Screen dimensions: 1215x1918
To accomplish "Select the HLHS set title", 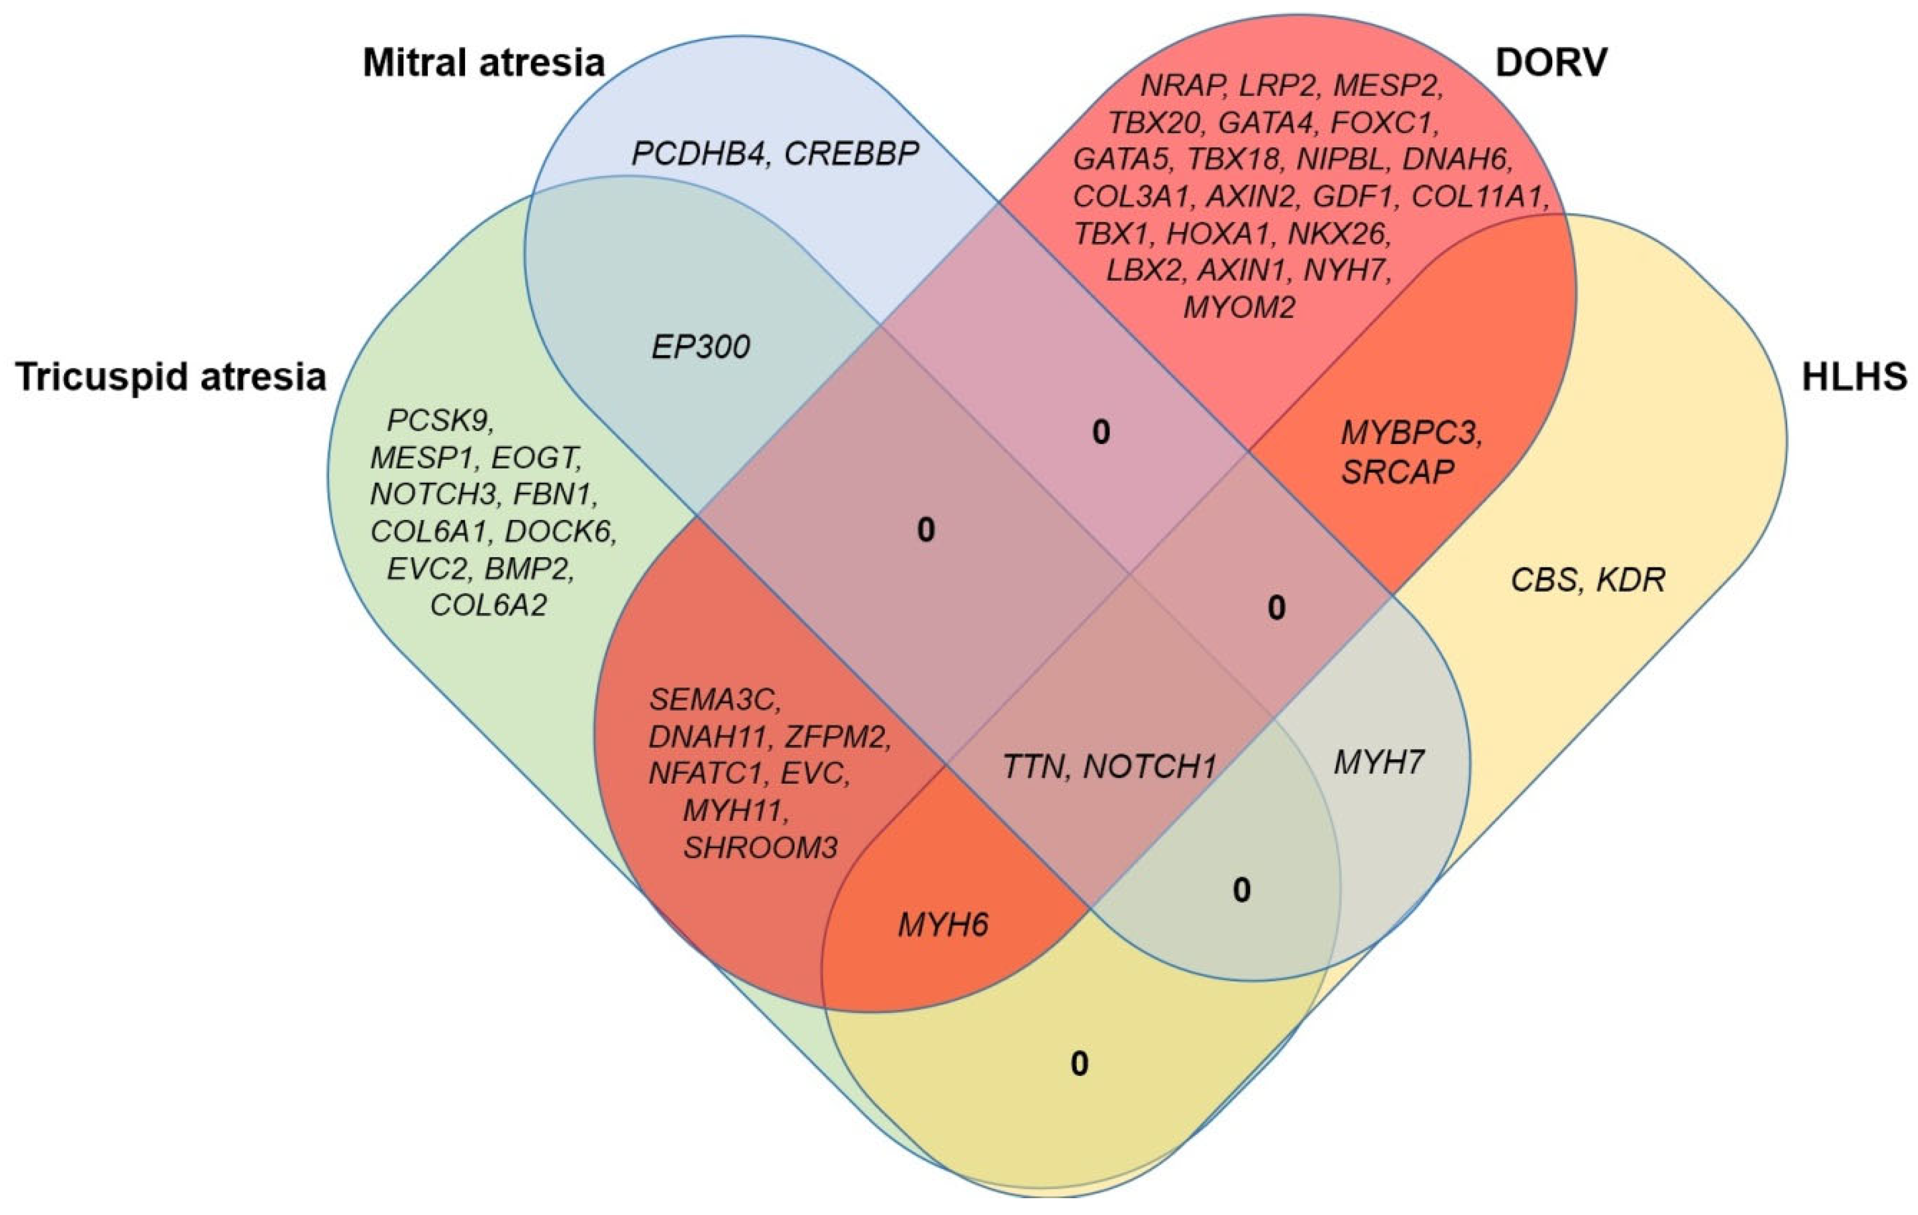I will [x=1853, y=377].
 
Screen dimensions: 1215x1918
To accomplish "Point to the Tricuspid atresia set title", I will [x=171, y=377].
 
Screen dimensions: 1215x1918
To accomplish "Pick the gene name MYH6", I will [x=943, y=925].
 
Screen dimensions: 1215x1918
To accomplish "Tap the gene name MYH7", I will [x=1379, y=763].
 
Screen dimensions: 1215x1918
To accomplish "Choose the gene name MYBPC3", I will [x=1411, y=434].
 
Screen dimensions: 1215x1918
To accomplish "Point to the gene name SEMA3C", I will [x=715, y=700].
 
